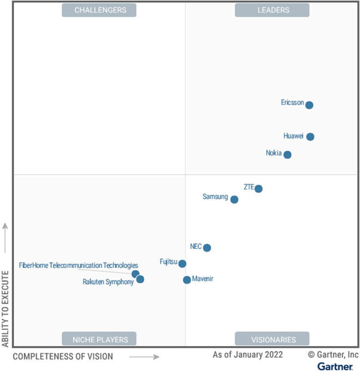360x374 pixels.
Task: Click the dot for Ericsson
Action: point(309,105)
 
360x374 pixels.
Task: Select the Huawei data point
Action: point(310,136)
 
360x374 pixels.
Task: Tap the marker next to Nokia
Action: point(287,155)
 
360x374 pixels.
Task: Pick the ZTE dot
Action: point(259,189)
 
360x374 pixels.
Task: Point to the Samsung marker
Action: point(235,199)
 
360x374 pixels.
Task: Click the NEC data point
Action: point(207,247)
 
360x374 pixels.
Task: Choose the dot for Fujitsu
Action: point(182,264)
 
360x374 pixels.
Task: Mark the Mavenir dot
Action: point(187,280)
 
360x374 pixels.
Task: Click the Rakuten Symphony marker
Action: point(140,279)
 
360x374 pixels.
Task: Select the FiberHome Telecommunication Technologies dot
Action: point(135,274)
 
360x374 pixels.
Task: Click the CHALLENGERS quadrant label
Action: point(100,10)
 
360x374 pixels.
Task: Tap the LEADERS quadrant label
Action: point(272,10)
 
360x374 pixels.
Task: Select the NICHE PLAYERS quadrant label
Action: point(100,339)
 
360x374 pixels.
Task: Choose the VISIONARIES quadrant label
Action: point(272,339)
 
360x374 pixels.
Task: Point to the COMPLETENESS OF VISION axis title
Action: point(63,357)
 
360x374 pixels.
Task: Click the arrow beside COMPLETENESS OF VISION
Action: point(145,357)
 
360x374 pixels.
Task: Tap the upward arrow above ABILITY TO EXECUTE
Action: point(6,238)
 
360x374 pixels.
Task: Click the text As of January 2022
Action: point(248,355)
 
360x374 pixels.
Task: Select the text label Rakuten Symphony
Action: point(108,282)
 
